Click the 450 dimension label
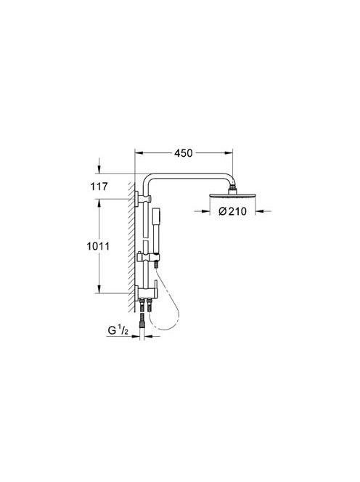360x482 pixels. click(183, 153)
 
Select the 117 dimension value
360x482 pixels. click(99, 187)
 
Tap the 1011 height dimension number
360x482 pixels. click(98, 246)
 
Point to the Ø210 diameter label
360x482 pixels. click(232, 211)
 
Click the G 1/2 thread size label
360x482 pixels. click(118, 330)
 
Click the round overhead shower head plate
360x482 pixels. click(232, 195)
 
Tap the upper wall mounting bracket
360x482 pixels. click(142, 199)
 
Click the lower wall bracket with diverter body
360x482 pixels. click(146, 292)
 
